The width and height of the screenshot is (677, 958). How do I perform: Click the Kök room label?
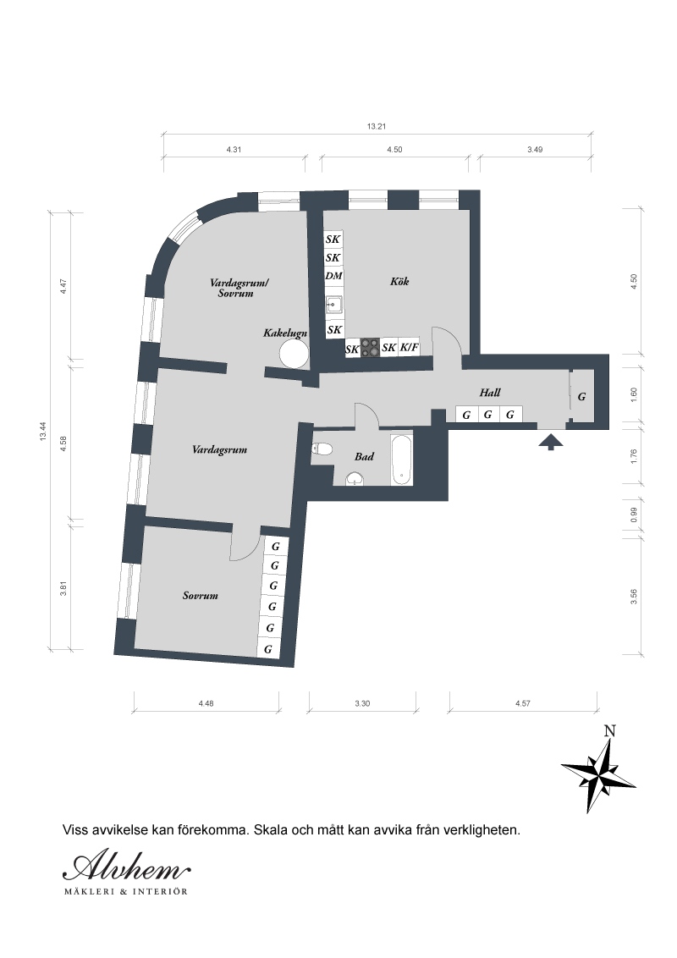point(399,282)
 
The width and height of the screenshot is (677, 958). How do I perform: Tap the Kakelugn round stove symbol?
point(294,353)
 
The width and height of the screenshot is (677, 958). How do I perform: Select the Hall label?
point(490,393)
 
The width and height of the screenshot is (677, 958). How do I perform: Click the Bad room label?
point(364,456)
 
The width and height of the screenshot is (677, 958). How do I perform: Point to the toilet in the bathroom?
point(322,449)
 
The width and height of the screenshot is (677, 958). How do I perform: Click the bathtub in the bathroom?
point(401,460)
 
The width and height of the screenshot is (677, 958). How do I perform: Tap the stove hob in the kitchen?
point(370,348)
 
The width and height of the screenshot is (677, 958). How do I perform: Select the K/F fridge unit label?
point(410,348)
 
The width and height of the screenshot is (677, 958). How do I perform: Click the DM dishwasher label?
point(333,276)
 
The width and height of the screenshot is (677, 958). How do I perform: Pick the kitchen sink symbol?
point(333,304)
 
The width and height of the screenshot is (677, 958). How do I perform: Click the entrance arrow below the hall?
point(551,442)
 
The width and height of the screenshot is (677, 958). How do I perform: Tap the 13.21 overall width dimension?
point(377,127)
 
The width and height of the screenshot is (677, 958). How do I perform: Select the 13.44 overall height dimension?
point(43,432)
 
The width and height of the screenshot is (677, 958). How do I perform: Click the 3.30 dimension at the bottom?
point(362,703)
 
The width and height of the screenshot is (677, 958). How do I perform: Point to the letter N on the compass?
point(609,730)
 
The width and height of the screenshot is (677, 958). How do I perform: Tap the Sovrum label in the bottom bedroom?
point(201,596)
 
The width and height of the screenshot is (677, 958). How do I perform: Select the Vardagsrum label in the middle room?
point(219,450)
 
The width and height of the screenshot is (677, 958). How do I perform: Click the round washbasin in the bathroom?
point(355,479)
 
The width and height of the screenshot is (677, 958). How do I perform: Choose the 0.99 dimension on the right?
point(634,515)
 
